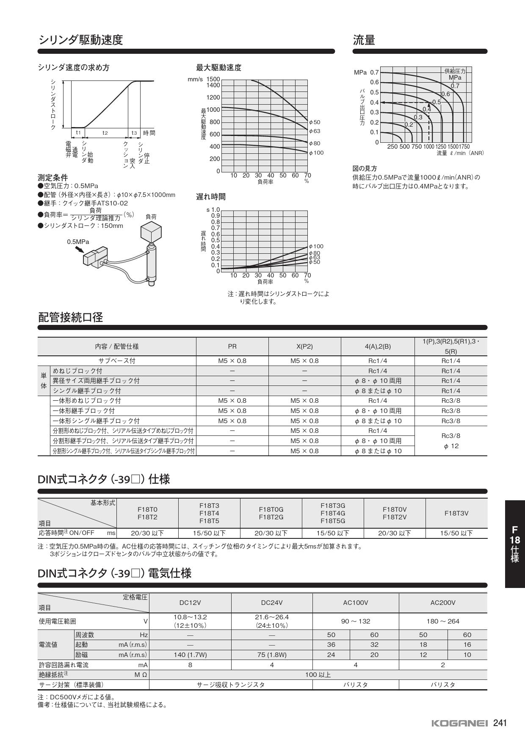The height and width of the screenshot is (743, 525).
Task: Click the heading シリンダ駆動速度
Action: click(80, 40)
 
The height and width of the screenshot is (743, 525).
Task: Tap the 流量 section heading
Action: click(364, 40)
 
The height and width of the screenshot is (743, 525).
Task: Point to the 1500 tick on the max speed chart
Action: click(213, 79)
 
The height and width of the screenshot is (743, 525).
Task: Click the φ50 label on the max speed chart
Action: click(315, 122)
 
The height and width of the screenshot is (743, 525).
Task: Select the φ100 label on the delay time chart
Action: click(316, 246)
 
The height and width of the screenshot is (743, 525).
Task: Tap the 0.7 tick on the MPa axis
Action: click(374, 72)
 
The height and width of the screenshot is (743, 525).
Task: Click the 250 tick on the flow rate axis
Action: click(392, 147)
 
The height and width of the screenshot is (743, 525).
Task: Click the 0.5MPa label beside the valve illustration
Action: click(78, 242)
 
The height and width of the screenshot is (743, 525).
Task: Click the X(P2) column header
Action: click(304, 347)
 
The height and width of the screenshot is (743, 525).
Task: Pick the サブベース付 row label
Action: click(117, 361)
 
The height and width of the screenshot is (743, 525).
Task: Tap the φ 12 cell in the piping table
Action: click(451, 446)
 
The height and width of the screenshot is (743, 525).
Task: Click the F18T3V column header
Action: click(456, 513)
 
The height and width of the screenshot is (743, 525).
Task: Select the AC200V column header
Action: click(442, 603)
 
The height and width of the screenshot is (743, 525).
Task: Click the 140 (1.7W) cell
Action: click(190, 654)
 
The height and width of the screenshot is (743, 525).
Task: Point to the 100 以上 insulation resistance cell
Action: click(318, 674)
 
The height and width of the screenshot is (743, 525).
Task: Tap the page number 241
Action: click(500, 723)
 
